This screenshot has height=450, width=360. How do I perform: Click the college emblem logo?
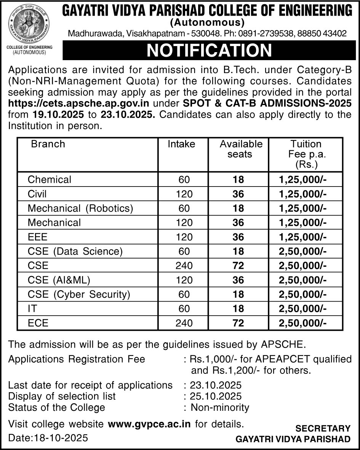(x=29, y=24)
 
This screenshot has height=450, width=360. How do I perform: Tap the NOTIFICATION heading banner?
(x=209, y=51)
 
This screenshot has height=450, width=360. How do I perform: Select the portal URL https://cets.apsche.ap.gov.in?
(x=78, y=104)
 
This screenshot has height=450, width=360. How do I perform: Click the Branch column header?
(x=48, y=144)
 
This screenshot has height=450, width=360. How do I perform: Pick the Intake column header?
(x=181, y=144)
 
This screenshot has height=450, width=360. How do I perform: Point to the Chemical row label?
(x=50, y=180)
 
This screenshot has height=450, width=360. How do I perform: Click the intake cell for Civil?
(x=184, y=194)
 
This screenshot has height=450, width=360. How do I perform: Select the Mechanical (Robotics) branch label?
(x=80, y=209)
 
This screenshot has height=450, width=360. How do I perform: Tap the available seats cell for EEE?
(x=238, y=237)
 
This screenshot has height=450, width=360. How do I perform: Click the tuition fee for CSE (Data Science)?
(x=303, y=252)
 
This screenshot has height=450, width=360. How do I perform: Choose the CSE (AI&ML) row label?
(x=59, y=281)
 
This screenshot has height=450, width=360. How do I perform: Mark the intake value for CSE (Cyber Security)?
(x=184, y=295)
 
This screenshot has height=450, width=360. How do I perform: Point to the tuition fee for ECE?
(x=303, y=323)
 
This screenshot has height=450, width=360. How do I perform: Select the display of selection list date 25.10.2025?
(x=216, y=396)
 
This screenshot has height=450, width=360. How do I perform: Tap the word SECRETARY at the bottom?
(x=323, y=429)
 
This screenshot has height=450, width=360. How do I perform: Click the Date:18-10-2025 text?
(x=48, y=438)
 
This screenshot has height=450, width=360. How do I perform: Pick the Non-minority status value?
(x=220, y=408)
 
